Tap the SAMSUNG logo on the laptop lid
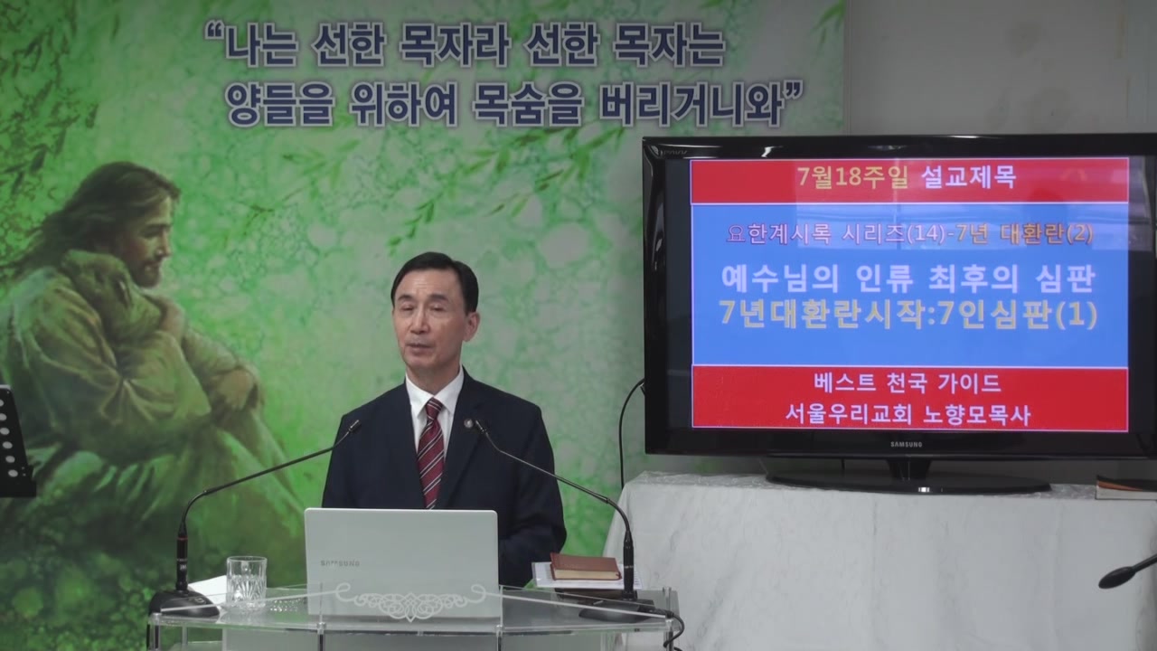point(339,563)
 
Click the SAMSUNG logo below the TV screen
point(906,444)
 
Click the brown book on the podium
point(584,566)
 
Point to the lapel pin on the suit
point(469,424)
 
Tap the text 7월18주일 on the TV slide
point(852,178)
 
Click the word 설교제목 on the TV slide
point(969,177)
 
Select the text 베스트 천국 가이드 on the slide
point(908,383)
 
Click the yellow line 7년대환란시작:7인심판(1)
point(908,315)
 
